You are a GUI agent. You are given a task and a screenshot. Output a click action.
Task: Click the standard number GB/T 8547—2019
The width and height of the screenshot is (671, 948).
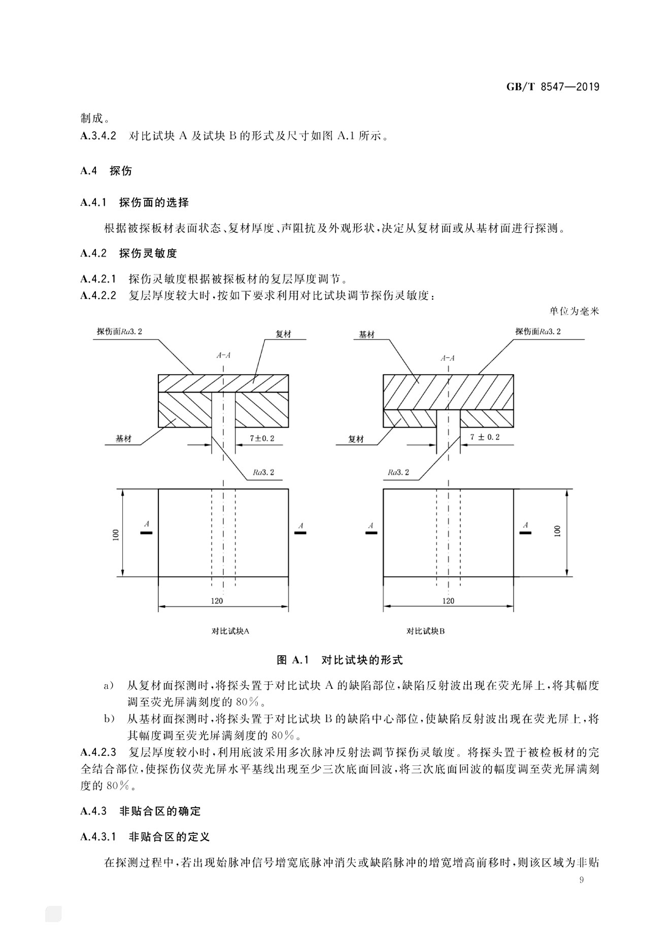pos(553,87)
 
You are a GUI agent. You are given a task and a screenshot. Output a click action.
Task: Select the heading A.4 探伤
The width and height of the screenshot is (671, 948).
pos(106,171)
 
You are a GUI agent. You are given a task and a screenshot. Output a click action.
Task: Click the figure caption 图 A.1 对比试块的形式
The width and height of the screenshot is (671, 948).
pos(340,660)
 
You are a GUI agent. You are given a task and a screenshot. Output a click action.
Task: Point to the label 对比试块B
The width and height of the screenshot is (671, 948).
pos(425,631)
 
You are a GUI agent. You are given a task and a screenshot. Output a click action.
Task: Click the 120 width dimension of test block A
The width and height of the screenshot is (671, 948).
pos(217,601)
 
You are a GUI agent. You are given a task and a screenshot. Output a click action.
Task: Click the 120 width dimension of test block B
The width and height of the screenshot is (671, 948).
pos(448,601)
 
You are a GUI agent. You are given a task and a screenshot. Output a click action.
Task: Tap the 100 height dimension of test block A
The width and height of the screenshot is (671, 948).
pos(116,534)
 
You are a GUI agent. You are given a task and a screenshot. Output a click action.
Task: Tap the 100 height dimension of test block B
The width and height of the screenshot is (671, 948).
pos(558,531)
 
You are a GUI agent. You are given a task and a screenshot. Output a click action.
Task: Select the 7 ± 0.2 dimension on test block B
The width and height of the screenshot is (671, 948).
pos(485,437)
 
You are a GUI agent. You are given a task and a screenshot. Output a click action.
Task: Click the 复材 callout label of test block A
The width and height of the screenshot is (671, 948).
pos(283,335)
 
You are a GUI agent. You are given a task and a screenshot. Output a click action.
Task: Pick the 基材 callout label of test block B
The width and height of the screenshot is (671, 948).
pos(366,335)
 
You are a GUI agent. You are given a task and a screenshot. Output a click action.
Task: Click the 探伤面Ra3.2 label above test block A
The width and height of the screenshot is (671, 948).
pos(120,332)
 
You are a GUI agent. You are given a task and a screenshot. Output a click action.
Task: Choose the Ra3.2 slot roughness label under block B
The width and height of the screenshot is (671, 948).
pos(398,472)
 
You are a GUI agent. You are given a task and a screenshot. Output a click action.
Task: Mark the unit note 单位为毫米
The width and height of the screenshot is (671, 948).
pos(574,311)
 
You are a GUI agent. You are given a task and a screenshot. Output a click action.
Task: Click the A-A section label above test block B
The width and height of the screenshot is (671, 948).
pos(448,358)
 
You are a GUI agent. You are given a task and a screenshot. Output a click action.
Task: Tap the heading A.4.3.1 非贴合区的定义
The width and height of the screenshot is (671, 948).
pos(145,836)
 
